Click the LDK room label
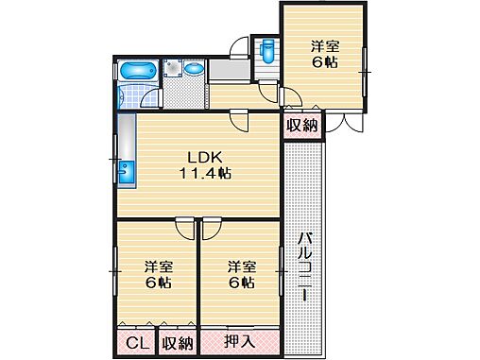click(200, 157)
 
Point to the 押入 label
click(238, 341)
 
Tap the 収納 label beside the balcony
click(300, 125)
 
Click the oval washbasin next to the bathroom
click(193, 69)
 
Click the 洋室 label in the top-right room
click(325, 44)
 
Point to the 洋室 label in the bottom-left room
click(158, 266)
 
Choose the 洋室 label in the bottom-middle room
click(241, 266)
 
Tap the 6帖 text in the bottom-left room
click(158, 283)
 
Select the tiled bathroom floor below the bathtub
click(137, 97)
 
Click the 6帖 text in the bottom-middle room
click(241, 283)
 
